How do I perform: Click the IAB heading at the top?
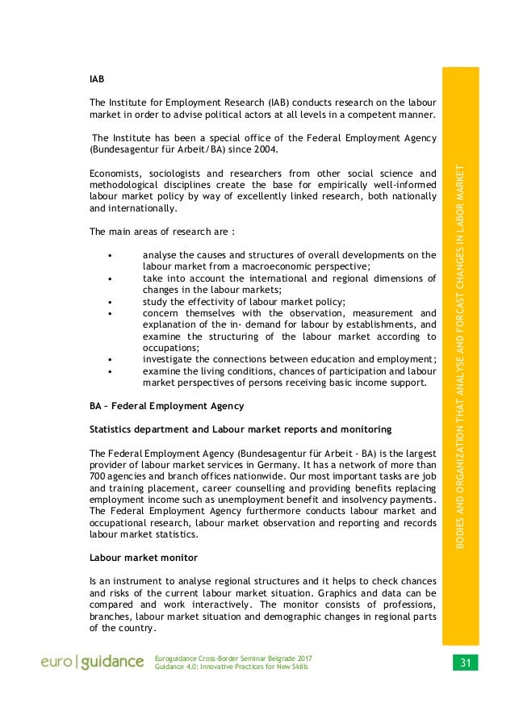[96, 80]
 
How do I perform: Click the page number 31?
[465, 663]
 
